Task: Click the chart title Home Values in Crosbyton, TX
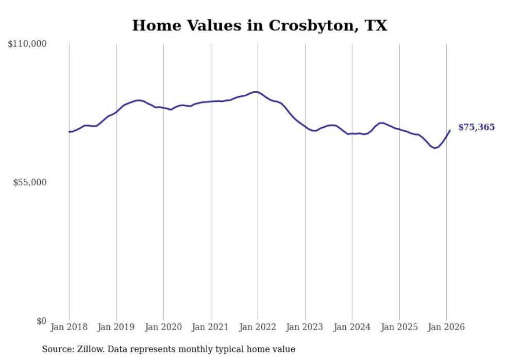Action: point(259,25)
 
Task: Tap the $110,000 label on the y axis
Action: point(27,44)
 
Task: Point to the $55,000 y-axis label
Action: point(30,183)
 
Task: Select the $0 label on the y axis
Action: point(41,321)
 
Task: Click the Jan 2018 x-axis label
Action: point(69,327)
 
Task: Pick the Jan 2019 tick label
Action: point(116,327)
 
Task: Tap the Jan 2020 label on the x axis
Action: point(163,327)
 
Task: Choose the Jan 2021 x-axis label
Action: point(211,327)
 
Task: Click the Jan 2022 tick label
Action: point(258,327)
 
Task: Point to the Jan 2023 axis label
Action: point(305,327)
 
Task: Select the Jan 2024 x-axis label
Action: point(352,327)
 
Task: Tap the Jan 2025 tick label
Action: point(399,327)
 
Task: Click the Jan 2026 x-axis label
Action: point(446,327)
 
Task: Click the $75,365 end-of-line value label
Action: point(476,127)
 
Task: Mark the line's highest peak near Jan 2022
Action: point(256,92)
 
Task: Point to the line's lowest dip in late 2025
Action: point(435,148)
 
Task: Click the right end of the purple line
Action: point(450,130)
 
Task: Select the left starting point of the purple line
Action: point(69,132)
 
